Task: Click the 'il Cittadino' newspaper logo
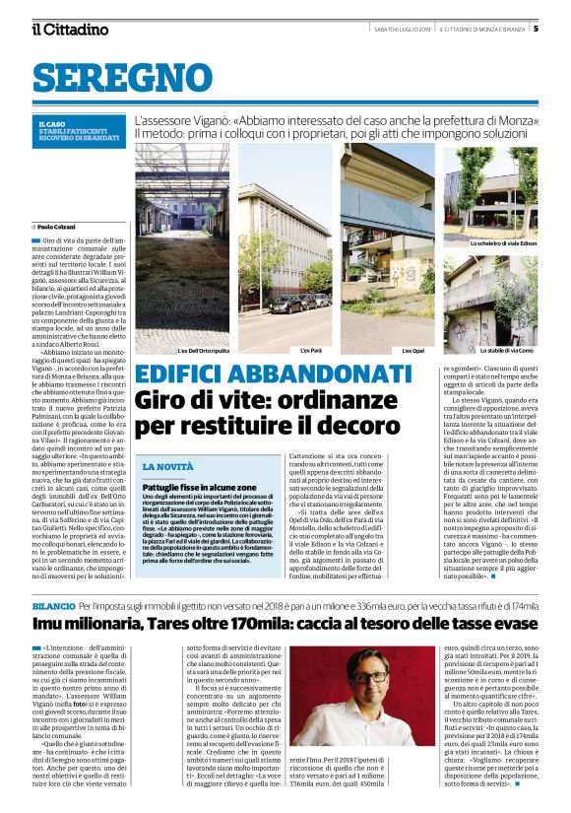70,29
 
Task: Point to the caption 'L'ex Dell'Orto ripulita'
204,350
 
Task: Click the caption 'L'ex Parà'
310,350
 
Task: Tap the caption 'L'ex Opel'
413,350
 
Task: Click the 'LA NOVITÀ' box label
166,465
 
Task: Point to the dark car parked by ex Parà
285,305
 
